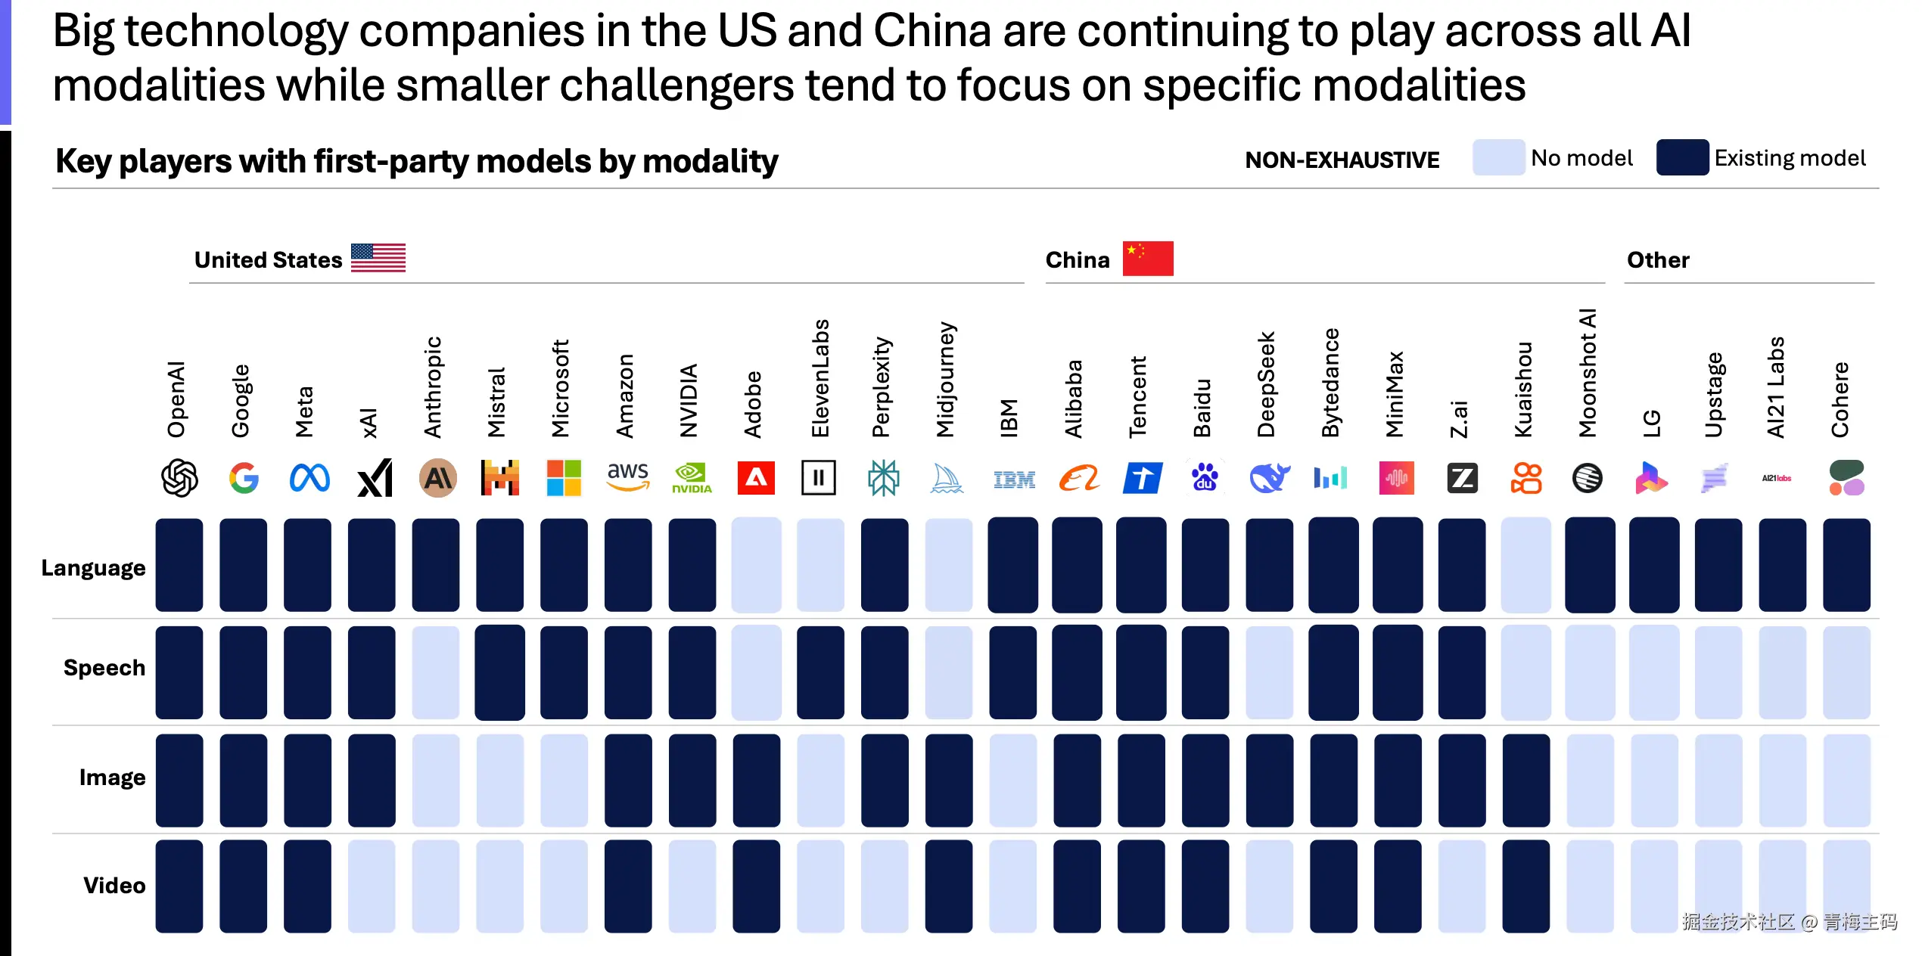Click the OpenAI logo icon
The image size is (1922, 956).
179,478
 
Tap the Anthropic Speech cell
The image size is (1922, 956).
436,672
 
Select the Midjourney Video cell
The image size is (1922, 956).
949,886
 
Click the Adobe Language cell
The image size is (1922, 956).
756,565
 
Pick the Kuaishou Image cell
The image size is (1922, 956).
1526,780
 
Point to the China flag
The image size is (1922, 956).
1148,259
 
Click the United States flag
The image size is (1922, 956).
378,258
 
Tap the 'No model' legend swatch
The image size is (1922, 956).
1498,157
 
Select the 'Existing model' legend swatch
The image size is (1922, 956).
1682,157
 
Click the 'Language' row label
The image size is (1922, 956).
93,568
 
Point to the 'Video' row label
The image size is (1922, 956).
114,886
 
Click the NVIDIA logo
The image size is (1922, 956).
692,478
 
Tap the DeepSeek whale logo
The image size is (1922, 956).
1269,478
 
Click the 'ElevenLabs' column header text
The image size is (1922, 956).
820,378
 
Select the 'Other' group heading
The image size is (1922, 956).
1658,260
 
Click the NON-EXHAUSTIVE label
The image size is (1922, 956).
1342,160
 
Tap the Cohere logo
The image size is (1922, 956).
1846,478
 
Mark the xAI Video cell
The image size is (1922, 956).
372,886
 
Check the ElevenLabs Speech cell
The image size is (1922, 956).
820,672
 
